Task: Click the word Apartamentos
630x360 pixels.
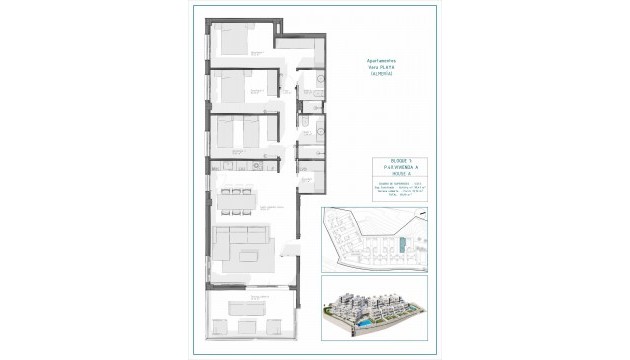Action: tap(382, 59)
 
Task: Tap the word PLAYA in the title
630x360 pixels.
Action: tap(389, 66)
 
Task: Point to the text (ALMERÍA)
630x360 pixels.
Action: tap(382, 73)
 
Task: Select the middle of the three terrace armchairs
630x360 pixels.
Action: tap(244, 327)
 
